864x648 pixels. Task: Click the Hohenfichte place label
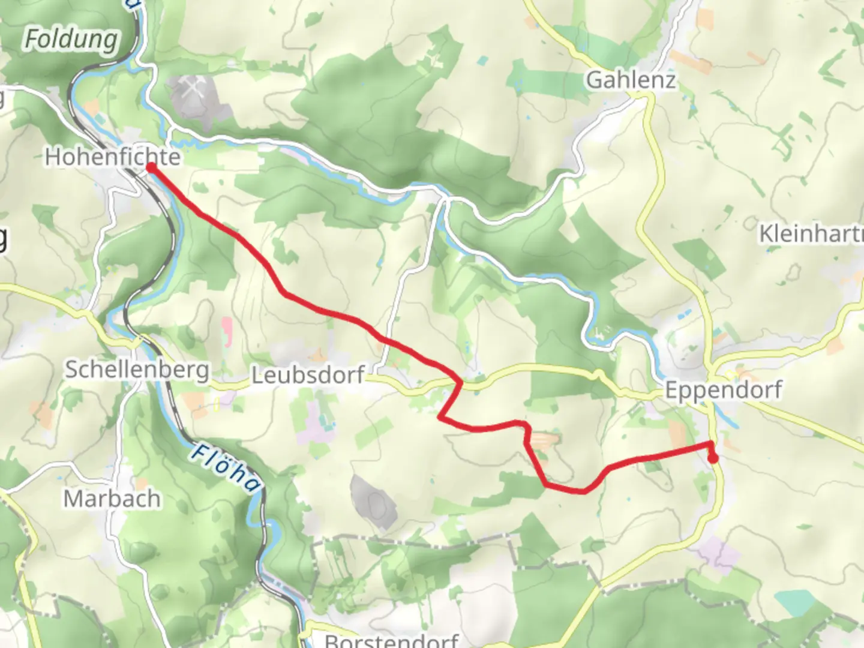click(112, 157)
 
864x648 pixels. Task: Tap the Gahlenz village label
click(631, 80)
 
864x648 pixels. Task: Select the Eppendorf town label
click(723, 391)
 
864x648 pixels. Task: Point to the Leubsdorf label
click(308, 376)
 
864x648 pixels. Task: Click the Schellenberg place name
click(137, 370)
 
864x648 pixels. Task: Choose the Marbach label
click(112, 499)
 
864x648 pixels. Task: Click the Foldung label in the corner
click(71, 40)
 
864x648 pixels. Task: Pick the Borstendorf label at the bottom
click(391, 640)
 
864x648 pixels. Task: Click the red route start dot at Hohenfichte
click(151, 167)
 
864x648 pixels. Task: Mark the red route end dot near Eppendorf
click(713, 458)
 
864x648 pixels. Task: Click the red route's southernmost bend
click(582, 491)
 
